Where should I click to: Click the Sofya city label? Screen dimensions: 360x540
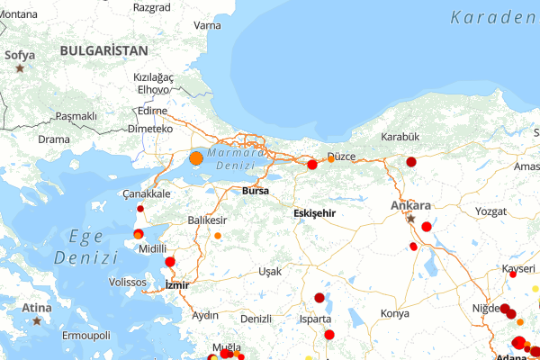click(x=20, y=55)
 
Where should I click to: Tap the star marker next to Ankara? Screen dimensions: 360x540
click(x=411, y=218)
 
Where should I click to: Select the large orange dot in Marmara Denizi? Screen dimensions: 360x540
click(x=196, y=158)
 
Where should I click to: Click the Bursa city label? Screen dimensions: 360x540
click(x=256, y=191)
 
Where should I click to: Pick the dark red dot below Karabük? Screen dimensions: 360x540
click(x=411, y=162)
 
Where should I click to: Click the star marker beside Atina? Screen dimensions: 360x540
click(x=37, y=320)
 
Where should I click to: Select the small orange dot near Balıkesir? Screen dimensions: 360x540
click(x=217, y=236)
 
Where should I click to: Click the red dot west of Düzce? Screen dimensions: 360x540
click(x=312, y=165)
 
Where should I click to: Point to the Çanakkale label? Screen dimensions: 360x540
click(x=146, y=194)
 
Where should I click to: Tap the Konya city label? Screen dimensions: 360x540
click(x=394, y=313)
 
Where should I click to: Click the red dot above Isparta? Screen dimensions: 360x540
click(x=319, y=298)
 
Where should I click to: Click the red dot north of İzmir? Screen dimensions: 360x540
click(x=170, y=262)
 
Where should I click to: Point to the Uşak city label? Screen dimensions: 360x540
click(x=269, y=271)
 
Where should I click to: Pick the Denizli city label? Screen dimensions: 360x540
click(x=256, y=319)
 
